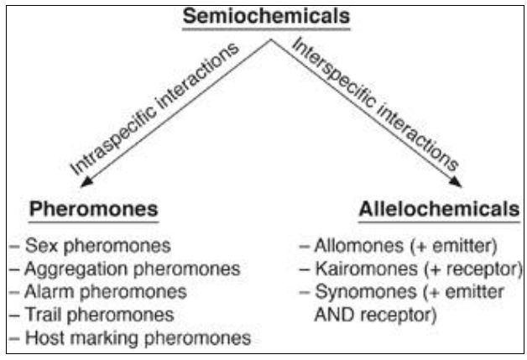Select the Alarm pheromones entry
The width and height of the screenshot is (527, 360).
tap(105, 292)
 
